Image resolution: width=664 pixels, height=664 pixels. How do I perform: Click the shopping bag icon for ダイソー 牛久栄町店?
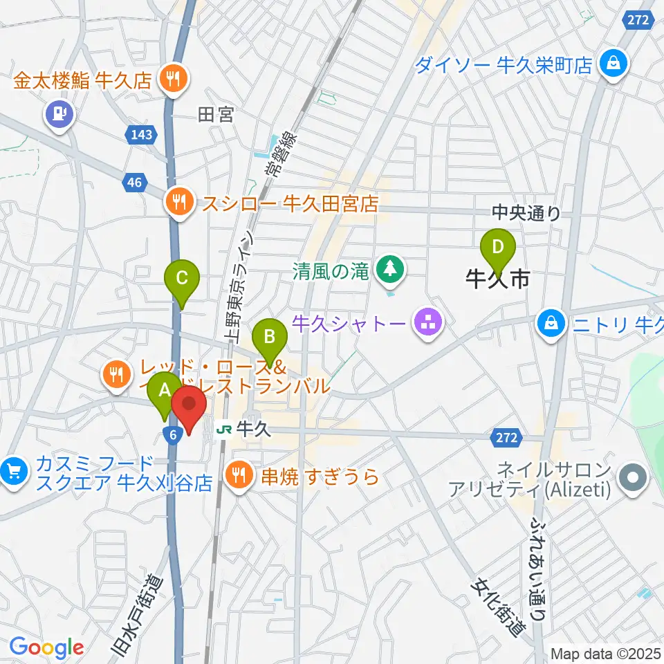pos(612,65)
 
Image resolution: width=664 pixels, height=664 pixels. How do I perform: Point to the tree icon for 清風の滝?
pos(390,268)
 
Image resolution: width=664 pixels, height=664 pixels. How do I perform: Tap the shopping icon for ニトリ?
pos(551,321)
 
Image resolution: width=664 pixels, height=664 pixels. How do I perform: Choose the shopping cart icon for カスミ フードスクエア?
pos(12,472)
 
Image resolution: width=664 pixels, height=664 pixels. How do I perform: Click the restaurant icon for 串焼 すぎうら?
pos(239,474)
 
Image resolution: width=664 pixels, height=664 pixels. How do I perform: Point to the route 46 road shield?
pos(133,183)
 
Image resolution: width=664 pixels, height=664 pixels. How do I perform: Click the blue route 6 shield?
pos(172,432)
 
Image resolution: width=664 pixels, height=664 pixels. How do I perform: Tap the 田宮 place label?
pos(216,115)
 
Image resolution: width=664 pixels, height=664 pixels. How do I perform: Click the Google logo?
pos(46,647)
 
